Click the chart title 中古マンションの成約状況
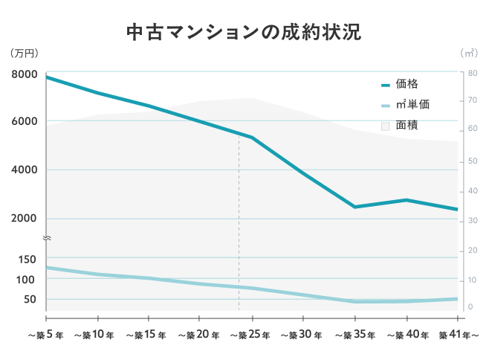pos(243,33)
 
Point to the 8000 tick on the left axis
pos(25,74)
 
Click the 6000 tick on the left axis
pos(25,121)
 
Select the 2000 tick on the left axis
pos(25,219)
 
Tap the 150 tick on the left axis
pos(27,259)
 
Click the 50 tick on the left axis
pos(30,299)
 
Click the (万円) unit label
pos(25,53)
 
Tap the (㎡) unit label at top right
pos(469,53)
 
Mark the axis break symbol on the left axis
pos(46,238)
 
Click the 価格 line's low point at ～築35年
pos(354,207)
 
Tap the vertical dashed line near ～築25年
pos(239,223)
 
